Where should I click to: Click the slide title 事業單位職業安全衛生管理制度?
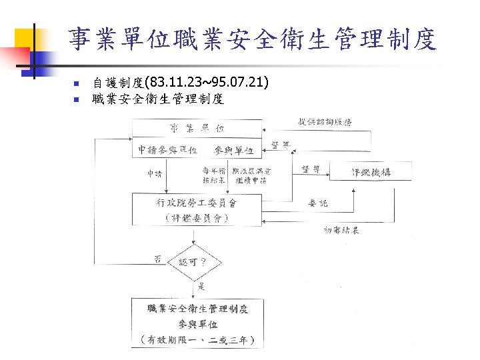(252, 39)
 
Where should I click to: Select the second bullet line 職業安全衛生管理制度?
(158, 100)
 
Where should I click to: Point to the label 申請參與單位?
(166, 149)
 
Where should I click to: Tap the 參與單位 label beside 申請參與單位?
(234, 149)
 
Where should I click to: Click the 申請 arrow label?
(154, 174)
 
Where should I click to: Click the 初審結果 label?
(341, 230)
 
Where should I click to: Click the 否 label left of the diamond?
(157, 259)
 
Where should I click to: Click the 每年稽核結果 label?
(214, 175)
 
